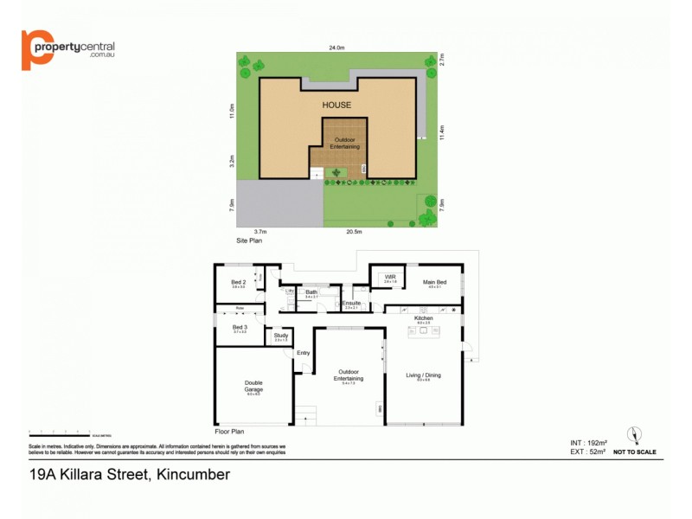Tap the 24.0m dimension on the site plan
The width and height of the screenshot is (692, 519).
pos(336,48)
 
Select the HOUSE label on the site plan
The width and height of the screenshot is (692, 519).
pos(336,106)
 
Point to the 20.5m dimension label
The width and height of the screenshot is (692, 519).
pos(354,232)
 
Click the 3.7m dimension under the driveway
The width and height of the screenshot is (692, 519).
pos(260,232)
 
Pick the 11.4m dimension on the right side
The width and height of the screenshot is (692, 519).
pos(441,131)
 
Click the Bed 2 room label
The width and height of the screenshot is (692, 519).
pos(239,283)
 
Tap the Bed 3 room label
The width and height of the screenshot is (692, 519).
pos(240,327)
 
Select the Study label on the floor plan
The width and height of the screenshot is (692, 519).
pos(280,336)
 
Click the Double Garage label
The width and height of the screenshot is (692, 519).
pos(253,386)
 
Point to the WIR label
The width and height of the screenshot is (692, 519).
pos(390,278)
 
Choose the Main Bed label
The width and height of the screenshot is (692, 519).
pos(434,282)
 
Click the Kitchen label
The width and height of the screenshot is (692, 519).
pos(423,318)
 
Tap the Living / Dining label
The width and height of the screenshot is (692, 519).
pos(423,375)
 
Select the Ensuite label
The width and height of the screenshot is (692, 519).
pos(351,303)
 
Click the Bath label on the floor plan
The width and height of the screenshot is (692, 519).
pos(311,292)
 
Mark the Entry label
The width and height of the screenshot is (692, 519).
pos(303,353)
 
